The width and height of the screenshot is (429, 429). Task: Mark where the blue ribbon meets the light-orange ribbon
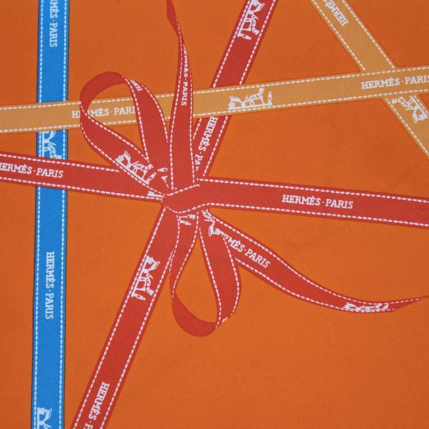(51, 112)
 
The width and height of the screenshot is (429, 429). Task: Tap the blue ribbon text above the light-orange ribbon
(52, 42)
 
